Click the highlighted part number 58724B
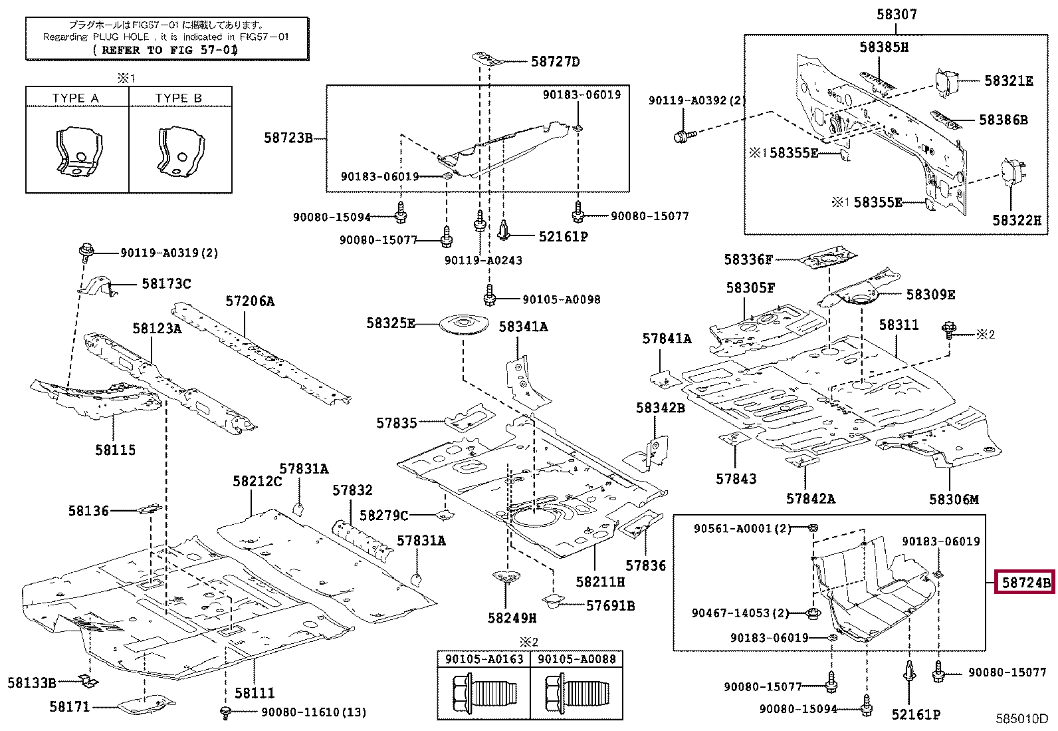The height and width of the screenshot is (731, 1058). pos(1025,583)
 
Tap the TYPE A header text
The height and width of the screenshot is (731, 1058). pos(75,98)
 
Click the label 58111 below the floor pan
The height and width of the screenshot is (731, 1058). pos(254,694)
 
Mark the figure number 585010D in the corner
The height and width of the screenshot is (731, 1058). pos(1021,719)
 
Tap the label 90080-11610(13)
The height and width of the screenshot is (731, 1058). pos(313,712)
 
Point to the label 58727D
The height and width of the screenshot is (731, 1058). pos(555,63)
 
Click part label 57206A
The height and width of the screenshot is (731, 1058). pos(249,301)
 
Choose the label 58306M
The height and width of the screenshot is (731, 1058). pos(954,499)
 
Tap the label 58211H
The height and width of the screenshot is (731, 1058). pos(600,581)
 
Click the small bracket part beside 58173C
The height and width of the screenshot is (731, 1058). pos(98,287)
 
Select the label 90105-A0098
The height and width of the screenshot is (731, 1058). pos(561,300)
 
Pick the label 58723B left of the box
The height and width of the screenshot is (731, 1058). pos(288,138)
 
